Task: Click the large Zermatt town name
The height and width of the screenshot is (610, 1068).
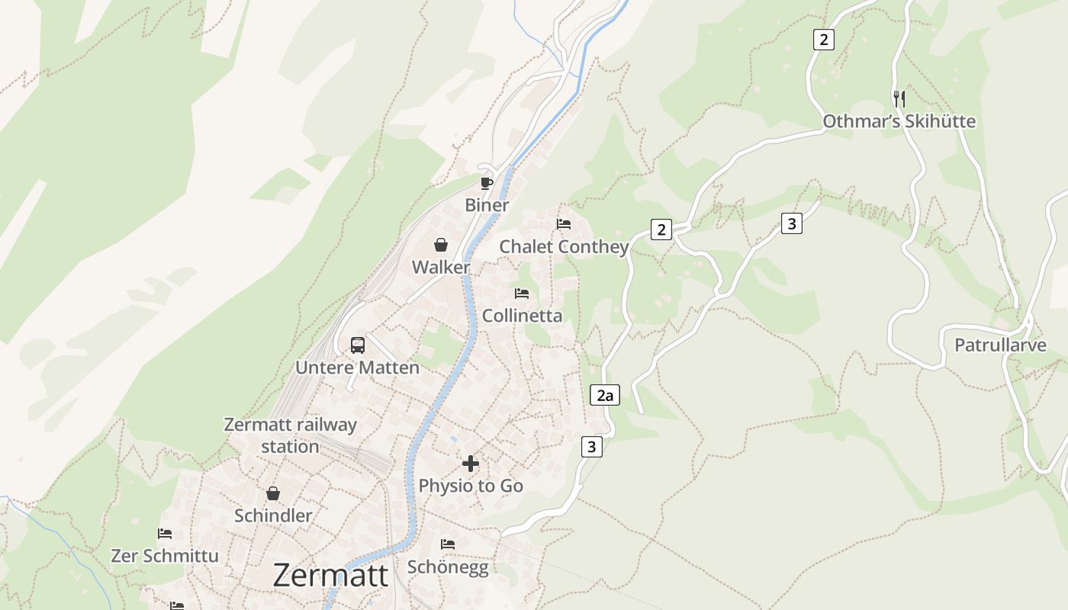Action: click(330, 575)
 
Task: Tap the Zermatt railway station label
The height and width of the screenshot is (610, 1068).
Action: click(290, 435)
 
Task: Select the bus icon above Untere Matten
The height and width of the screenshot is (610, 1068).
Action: click(358, 345)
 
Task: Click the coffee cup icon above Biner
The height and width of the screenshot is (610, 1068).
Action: click(487, 183)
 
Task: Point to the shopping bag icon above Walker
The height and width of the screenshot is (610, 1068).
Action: click(441, 245)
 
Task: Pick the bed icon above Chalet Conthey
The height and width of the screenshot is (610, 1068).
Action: click(564, 224)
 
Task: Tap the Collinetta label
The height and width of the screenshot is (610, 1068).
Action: click(522, 316)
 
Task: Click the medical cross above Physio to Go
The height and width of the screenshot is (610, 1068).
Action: click(471, 463)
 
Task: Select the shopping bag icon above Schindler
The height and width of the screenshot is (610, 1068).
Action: click(273, 493)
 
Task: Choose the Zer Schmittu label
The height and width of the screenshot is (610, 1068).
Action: click(165, 556)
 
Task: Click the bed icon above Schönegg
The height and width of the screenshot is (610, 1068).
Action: click(448, 544)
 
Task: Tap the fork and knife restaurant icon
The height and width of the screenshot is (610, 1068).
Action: click(899, 98)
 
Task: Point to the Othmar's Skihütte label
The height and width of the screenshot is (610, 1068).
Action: click(899, 121)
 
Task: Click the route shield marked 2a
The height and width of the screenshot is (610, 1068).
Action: click(605, 395)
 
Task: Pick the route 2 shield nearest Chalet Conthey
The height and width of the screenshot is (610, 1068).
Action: click(661, 229)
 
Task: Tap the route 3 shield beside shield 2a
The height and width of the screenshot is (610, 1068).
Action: click(591, 446)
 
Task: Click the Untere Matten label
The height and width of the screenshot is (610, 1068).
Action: click(357, 368)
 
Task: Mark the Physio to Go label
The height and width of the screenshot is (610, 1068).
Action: click(471, 486)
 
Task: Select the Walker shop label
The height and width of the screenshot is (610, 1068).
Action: click(441, 268)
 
